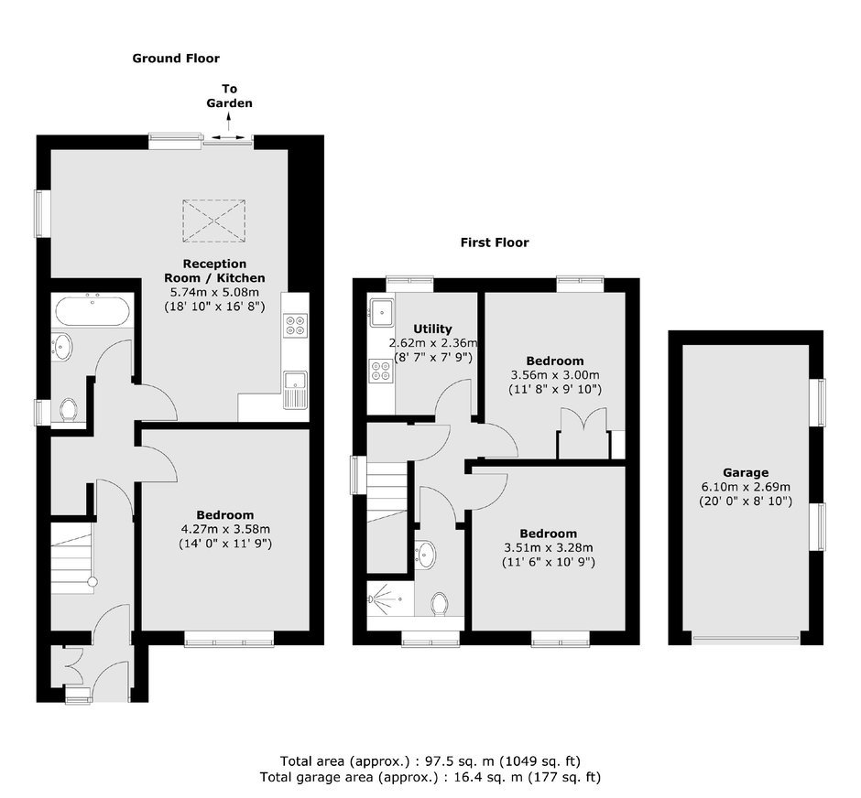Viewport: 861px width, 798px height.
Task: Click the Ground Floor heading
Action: [x=176, y=59]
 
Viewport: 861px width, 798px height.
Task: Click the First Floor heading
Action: [x=495, y=243]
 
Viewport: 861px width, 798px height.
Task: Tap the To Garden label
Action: [x=229, y=96]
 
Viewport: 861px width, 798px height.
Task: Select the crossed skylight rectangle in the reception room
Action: [x=214, y=221]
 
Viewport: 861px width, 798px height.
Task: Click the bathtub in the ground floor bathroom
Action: [x=93, y=310]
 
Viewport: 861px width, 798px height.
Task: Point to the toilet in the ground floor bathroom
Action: [x=69, y=410]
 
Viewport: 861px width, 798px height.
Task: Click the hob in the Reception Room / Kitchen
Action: [x=295, y=324]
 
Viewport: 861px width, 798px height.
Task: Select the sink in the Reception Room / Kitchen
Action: [x=296, y=390]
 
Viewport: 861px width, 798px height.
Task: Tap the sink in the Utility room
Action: [x=381, y=311]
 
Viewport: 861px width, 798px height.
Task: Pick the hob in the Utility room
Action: [x=380, y=370]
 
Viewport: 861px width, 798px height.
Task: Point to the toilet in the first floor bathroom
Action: [x=440, y=603]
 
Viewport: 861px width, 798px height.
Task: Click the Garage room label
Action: [x=746, y=473]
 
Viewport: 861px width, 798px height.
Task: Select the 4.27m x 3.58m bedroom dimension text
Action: [x=225, y=529]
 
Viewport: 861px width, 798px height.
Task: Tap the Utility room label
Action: [x=432, y=329]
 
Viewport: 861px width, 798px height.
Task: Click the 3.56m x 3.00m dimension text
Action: [x=555, y=375]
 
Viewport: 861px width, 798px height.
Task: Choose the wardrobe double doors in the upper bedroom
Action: [x=583, y=433]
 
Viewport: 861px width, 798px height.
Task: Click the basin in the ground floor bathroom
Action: [x=63, y=347]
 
